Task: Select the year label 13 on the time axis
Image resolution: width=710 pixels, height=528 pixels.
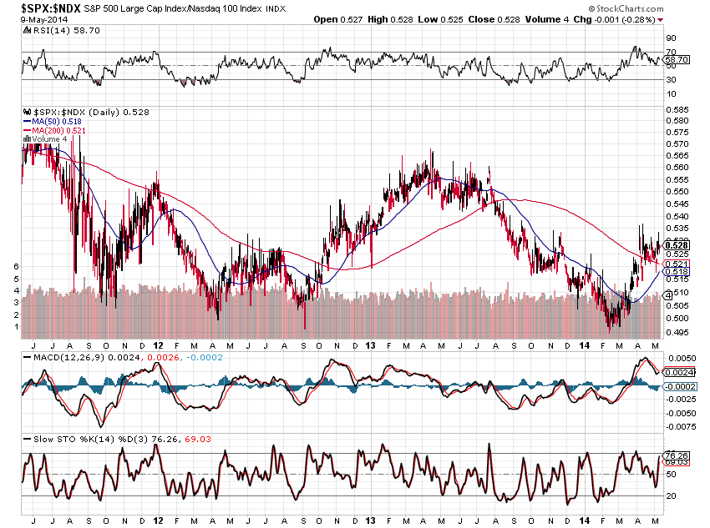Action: coord(371,344)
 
